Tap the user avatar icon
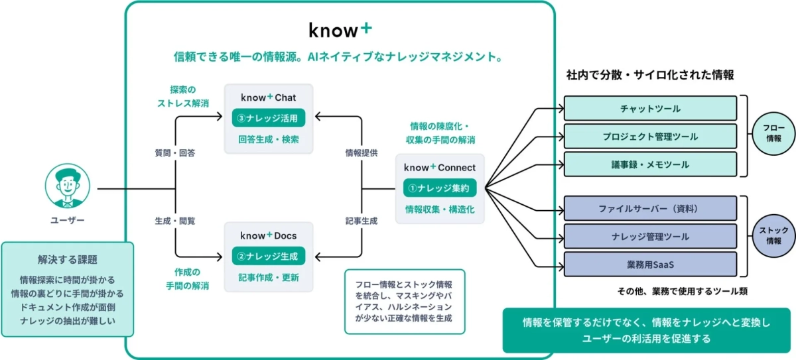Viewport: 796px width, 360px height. tap(67, 188)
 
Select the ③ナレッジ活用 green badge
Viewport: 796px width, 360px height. tap(269, 118)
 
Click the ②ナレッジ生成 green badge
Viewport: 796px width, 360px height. tap(269, 256)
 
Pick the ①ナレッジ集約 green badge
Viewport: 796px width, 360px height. tap(440, 188)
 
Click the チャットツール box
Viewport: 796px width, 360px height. tap(650, 108)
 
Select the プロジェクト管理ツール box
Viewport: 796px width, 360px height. tap(650, 137)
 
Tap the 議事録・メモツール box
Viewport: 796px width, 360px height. tap(650, 164)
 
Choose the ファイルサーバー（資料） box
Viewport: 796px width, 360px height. tap(650, 208)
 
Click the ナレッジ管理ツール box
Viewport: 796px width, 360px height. tap(650, 236)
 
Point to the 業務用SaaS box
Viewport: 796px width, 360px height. tap(650, 265)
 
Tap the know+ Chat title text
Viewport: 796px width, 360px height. tap(268, 97)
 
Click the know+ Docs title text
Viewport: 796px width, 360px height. tap(268, 235)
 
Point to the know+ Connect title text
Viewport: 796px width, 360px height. tap(440, 168)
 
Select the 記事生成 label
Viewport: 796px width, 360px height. tap(362, 221)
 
